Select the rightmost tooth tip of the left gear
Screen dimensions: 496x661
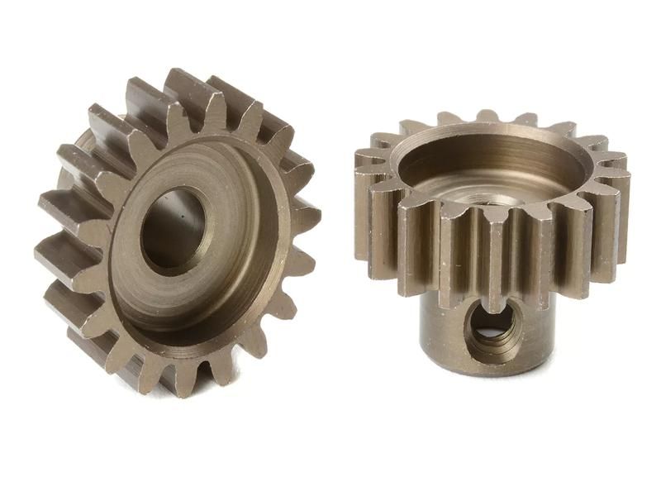click(x=307, y=219)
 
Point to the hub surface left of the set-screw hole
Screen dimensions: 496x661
click(x=442, y=327)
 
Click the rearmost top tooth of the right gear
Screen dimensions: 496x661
click(x=487, y=117)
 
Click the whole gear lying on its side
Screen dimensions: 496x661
click(x=178, y=231)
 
